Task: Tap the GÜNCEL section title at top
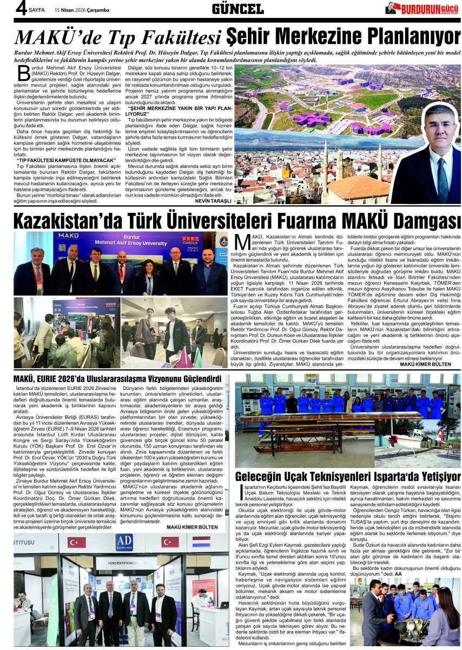[237, 8]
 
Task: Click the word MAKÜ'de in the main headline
[59, 37]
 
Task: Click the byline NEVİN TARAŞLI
[214, 200]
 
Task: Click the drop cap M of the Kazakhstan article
[242, 240]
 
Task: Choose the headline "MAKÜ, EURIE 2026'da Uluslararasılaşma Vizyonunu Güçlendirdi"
[118, 378]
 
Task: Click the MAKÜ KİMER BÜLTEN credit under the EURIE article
[192, 526]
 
